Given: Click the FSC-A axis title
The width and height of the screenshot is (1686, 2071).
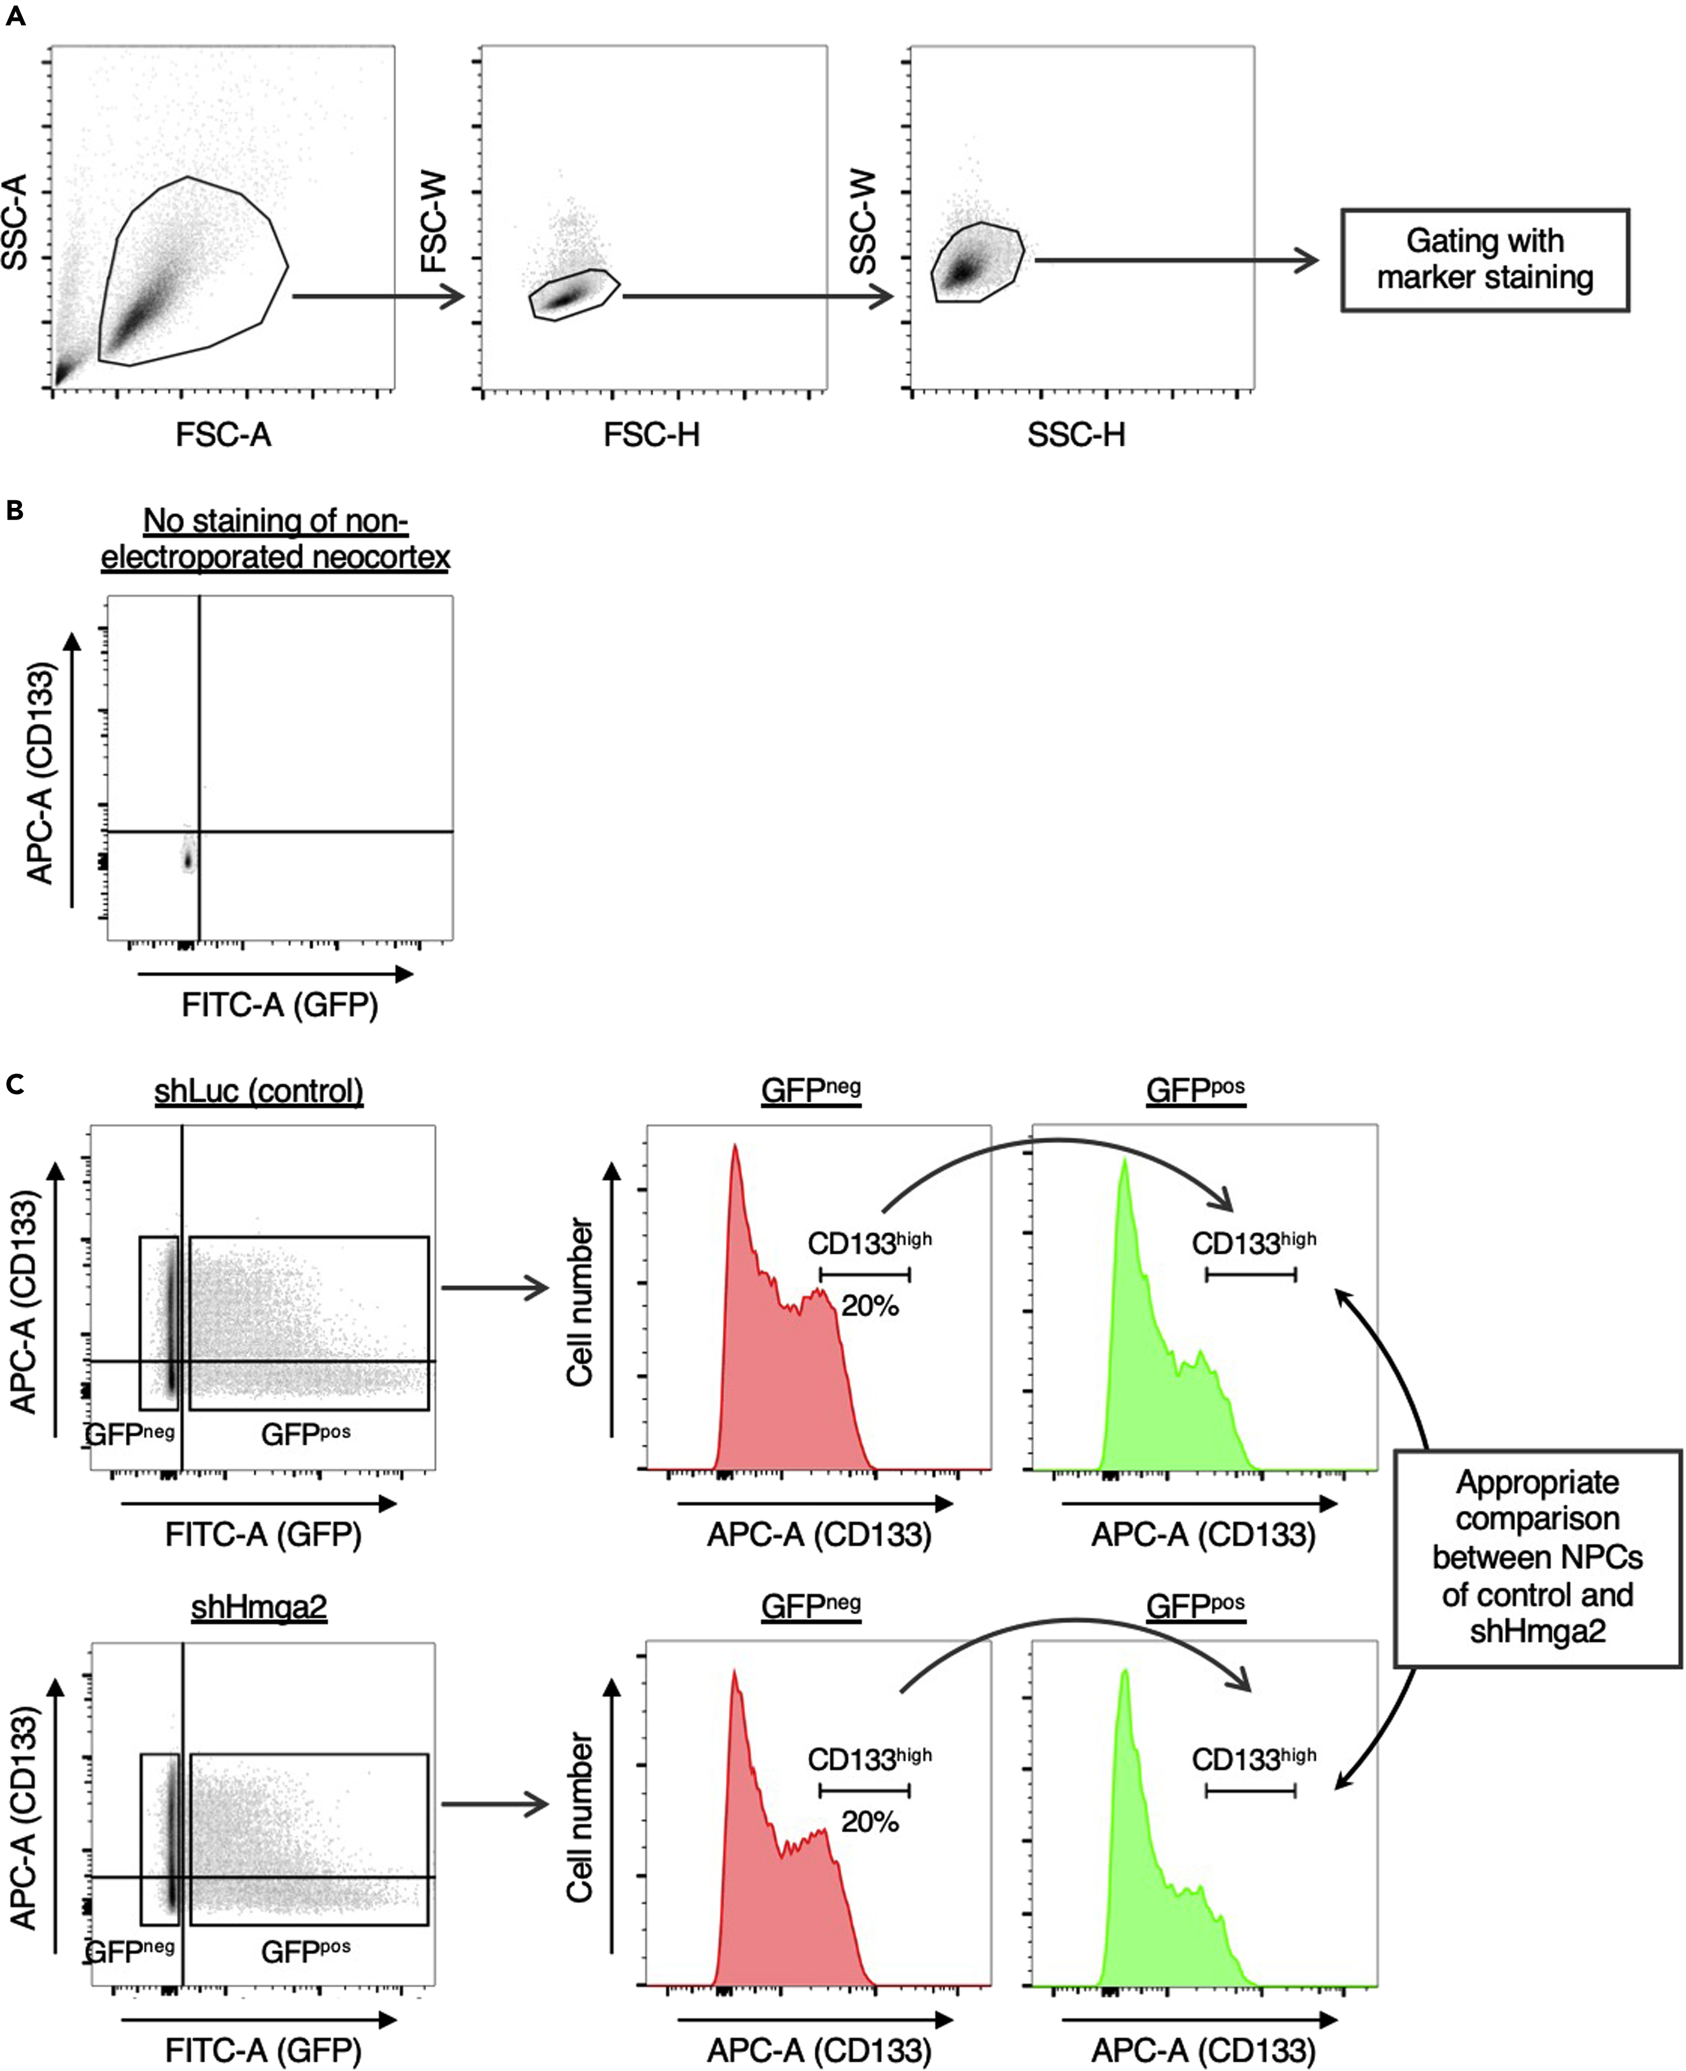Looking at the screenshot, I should (223, 434).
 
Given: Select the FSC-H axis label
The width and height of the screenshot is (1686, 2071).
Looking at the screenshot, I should (651, 434).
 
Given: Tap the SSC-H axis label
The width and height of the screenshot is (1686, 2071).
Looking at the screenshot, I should (1076, 434).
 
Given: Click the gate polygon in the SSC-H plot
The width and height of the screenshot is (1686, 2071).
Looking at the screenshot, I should (976, 262).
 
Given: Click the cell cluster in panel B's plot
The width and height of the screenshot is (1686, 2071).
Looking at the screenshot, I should (189, 858).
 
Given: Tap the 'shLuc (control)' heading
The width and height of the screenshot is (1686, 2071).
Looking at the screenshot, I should (258, 1091).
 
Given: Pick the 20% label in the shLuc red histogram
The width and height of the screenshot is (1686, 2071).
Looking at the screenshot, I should (869, 1305).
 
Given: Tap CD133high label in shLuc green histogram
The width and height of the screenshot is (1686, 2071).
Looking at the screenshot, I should (1253, 1242).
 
